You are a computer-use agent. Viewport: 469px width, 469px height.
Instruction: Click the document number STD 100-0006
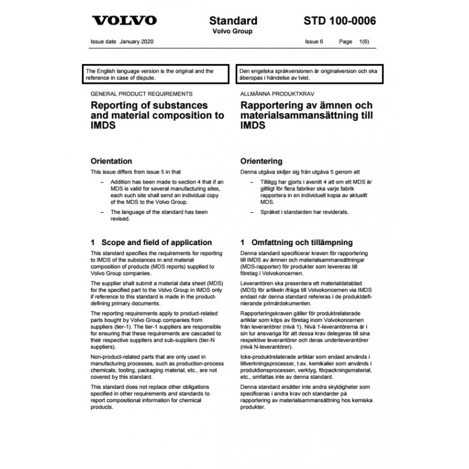click(341, 21)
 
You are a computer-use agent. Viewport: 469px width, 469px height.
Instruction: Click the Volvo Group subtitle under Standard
click(232, 31)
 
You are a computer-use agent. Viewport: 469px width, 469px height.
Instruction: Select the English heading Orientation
click(111, 161)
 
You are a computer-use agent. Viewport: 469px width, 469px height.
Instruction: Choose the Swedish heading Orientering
click(261, 161)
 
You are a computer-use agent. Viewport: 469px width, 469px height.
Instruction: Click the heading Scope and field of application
click(151, 242)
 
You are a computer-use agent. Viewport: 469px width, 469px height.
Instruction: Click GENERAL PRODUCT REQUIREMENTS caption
click(142, 94)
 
